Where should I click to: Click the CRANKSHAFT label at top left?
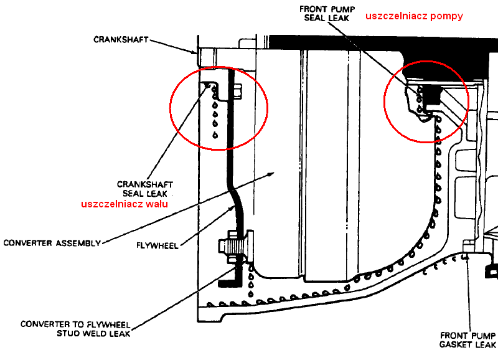(x=121, y=39)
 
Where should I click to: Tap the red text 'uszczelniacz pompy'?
(x=414, y=16)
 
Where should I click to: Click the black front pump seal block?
(x=430, y=95)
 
